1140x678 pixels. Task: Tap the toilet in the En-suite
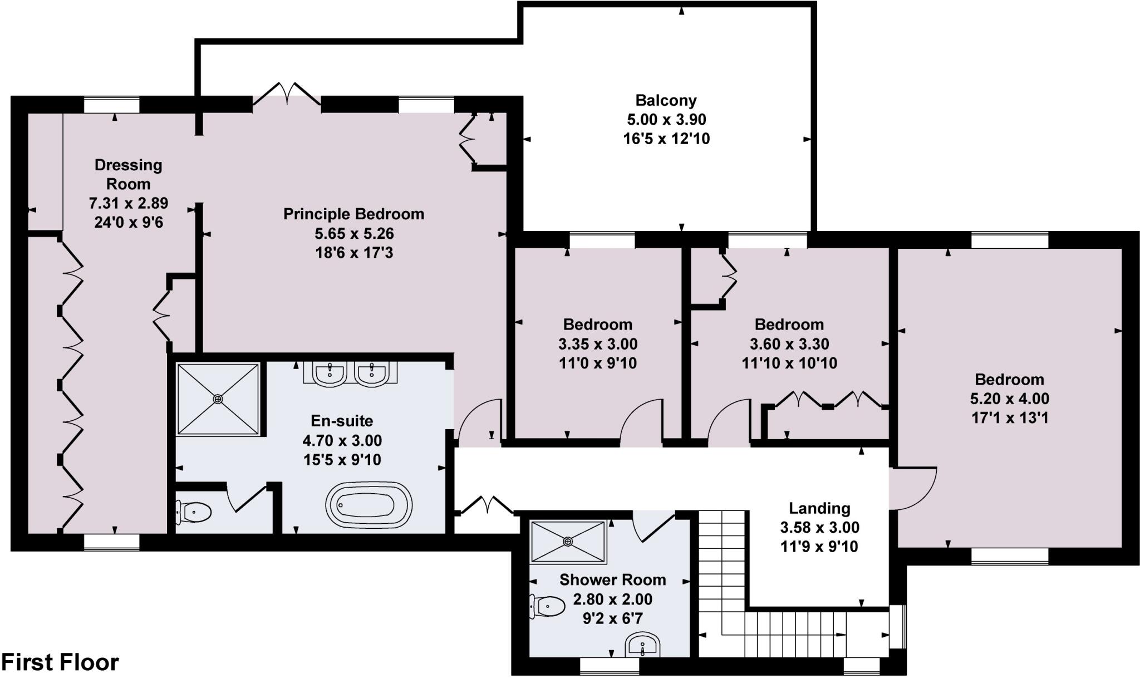point(194,512)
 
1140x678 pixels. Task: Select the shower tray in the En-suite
point(218,399)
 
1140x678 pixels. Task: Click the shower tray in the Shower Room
point(568,541)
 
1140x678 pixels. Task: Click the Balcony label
point(666,101)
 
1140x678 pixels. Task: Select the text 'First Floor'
point(60,662)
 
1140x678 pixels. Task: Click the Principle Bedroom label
point(353,214)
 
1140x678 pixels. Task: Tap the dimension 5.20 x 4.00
point(1009,399)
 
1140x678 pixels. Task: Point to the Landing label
point(819,508)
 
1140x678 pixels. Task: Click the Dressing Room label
point(128,174)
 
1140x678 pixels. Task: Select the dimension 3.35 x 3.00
point(598,344)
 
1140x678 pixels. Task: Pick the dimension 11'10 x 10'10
point(789,363)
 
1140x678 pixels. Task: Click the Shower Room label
point(612,580)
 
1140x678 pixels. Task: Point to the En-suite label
point(342,421)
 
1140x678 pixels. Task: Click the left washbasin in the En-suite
point(330,374)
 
